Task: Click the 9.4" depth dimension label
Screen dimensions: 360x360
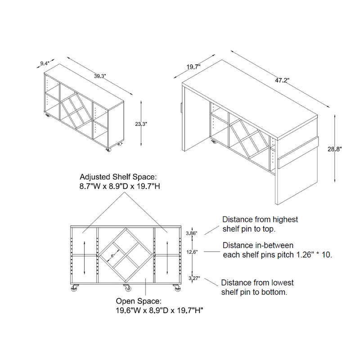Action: tap(45, 63)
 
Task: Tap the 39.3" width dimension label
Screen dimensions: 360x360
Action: tap(100, 76)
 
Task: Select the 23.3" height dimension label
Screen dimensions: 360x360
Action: tap(141, 124)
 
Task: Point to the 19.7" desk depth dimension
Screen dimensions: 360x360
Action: tap(193, 67)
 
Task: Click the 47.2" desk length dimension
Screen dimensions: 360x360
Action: tap(282, 81)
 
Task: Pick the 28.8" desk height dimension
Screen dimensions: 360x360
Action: tap(334, 149)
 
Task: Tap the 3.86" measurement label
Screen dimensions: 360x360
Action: tap(192, 234)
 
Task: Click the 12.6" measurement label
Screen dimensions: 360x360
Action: tap(192, 252)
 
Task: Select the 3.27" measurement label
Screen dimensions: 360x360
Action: tap(194, 279)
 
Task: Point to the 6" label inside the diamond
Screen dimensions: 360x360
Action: tap(112, 256)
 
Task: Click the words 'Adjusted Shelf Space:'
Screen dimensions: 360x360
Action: tap(118, 177)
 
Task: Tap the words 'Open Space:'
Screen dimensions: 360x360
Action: tap(139, 301)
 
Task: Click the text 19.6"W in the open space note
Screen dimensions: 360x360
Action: tap(127, 310)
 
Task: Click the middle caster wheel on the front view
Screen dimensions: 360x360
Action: tap(127, 288)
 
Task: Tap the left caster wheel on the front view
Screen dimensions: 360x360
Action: tap(75, 288)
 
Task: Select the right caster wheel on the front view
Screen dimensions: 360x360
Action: tap(177, 288)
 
